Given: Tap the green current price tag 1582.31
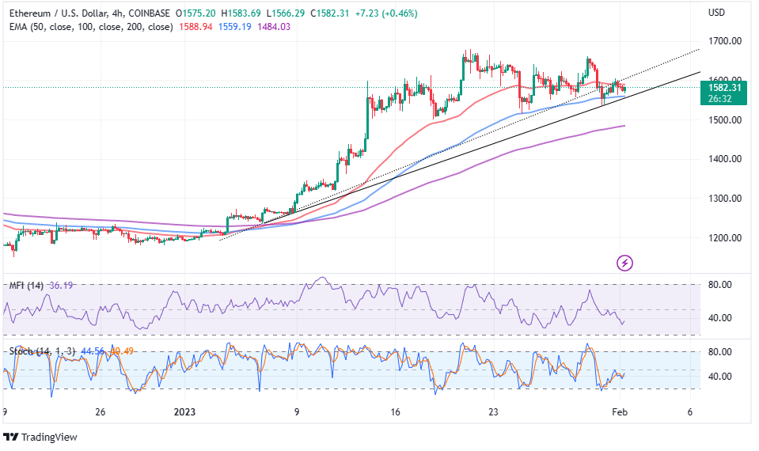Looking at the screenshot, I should click(724, 88).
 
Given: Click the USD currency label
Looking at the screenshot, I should click(717, 13).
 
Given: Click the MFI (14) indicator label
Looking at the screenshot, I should click(26, 285).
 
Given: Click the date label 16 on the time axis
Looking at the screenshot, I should click(395, 412).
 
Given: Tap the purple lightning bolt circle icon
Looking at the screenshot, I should click(625, 262).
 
